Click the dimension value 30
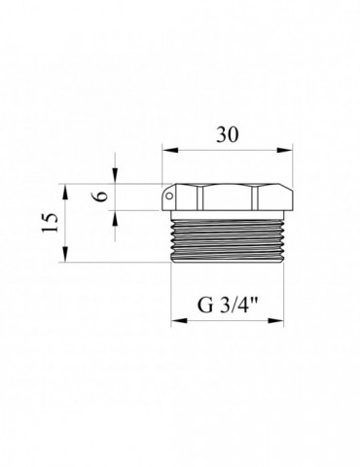click(228, 134)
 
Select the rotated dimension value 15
click(50, 223)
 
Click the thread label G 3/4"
click(228, 305)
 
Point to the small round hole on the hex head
click(169, 196)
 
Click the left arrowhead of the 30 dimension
click(170, 150)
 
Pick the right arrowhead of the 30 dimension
click(284, 150)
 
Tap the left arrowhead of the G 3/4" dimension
click(179, 320)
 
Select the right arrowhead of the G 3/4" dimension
click(275, 320)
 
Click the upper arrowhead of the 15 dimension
click(65, 193)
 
